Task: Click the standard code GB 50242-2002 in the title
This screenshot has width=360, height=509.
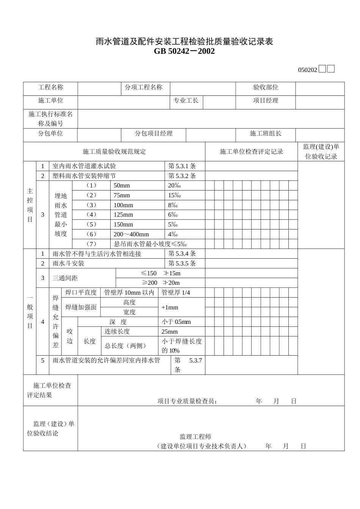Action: coord(184,51)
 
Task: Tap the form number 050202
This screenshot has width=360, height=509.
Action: coord(307,70)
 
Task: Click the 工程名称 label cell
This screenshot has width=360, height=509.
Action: coord(51,87)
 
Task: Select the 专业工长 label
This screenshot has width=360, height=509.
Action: coord(186,101)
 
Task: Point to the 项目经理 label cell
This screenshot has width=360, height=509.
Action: coord(266,101)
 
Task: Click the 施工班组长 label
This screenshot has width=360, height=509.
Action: coord(266,134)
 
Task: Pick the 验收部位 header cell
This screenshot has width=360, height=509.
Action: coord(266,87)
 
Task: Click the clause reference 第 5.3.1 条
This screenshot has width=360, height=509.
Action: coord(182,166)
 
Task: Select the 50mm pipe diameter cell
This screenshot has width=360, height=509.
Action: coord(122,186)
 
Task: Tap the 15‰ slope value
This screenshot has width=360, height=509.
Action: coord(174,195)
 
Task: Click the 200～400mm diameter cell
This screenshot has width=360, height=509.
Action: coord(131,234)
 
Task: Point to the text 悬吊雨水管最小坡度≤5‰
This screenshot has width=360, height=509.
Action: coord(150,244)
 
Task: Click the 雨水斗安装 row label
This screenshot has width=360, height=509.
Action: coord(68,264)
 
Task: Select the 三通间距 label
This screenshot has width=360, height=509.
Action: coord(65,278)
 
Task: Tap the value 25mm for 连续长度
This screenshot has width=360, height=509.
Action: coord(169,332)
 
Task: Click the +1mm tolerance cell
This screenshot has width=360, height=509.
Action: coord(169,308)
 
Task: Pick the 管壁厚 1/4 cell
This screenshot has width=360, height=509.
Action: coord(176,293)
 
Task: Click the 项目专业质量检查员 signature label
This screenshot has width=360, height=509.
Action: coord(187,401)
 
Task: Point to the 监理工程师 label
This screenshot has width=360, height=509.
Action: coord(195,437)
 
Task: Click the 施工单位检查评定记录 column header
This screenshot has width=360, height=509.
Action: coord(252,152)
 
